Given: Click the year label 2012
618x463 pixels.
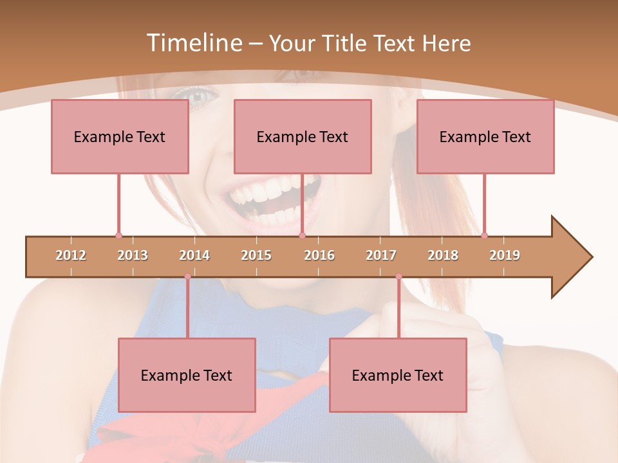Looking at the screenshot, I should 71,255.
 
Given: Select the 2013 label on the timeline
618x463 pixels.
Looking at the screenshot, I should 133,255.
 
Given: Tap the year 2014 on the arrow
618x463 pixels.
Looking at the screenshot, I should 194,255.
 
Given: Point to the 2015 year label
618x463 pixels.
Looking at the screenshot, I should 256,255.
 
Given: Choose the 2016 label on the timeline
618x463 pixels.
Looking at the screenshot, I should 319,255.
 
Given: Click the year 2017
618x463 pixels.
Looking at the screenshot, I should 381,255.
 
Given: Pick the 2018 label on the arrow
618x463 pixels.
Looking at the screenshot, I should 443,255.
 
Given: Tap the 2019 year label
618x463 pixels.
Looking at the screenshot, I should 505,255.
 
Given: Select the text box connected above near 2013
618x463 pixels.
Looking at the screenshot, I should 120,136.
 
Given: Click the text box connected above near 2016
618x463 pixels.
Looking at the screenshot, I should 303,136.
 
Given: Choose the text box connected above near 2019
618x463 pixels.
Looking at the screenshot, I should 485,136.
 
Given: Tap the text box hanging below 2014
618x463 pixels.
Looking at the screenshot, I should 187,375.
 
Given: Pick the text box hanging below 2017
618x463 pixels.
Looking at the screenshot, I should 398,375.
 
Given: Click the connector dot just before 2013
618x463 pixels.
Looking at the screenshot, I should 118,235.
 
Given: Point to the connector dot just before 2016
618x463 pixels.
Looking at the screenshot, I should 302,235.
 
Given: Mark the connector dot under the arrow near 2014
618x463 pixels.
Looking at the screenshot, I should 187,277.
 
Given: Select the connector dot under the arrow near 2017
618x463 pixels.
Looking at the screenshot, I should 398,277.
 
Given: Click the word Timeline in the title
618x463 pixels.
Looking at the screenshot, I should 194,43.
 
